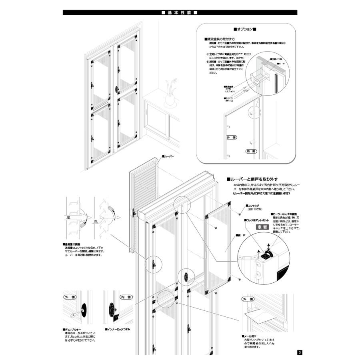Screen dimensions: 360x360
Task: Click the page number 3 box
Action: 300,352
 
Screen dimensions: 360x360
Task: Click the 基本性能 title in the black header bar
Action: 180,12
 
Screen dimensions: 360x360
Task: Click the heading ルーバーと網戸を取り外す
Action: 252,179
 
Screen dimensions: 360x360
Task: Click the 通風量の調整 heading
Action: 72,244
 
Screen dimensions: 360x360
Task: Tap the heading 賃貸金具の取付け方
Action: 219,39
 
